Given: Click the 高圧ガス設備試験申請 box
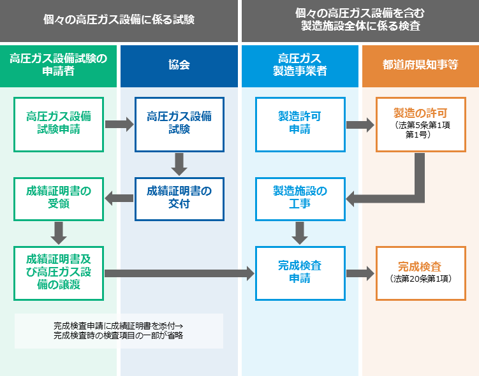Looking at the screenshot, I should (x=59, y=124).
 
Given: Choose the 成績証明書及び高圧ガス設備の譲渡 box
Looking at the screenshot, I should (x=59, y=273).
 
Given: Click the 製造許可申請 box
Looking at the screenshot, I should (x=300, y=124).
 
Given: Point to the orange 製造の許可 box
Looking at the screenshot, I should (x=420, y=124).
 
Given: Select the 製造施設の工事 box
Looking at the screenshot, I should (x=300, y=198).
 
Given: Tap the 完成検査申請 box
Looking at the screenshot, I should (x=300, y=273).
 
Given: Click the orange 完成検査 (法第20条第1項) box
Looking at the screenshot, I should (x=420, y=273).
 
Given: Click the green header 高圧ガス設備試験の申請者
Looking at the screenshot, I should (x=59, y=65).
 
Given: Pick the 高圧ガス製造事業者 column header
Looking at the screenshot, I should (x=300, y=65).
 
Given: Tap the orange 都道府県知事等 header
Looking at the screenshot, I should (x=420, y=65).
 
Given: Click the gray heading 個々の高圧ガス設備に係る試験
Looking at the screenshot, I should (x=119, y=20).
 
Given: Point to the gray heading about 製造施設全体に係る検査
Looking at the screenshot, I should (x=360, y=20).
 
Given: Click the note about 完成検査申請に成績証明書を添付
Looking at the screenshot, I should (x=119, y=331).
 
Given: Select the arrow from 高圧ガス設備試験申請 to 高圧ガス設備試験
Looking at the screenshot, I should (x=119, y=124).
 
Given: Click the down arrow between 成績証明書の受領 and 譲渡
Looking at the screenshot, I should (x=59, y=233).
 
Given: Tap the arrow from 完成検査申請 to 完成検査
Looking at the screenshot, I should (x=360, y=273).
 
